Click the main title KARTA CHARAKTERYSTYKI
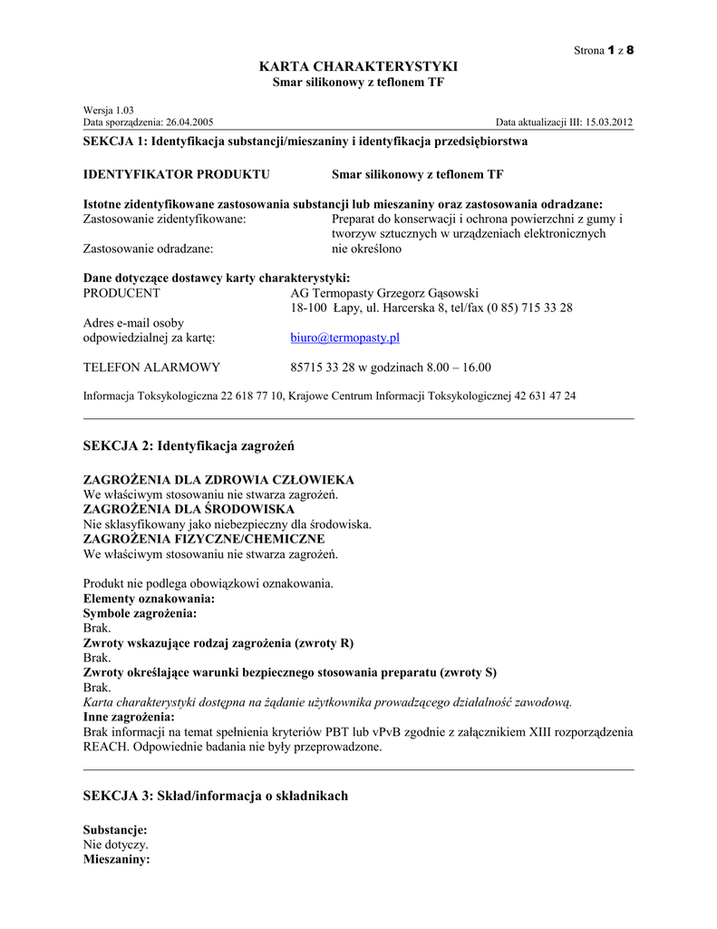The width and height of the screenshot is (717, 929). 358,67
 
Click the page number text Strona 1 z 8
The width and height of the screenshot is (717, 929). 604,49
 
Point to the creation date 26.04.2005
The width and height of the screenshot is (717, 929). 189,122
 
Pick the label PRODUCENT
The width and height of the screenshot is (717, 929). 121,293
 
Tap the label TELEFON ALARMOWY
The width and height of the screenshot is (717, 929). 151,367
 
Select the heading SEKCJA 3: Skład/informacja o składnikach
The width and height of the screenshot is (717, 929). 215,796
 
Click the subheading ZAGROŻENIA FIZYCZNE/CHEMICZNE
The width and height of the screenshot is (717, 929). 204,539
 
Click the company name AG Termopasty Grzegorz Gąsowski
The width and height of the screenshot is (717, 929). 384,293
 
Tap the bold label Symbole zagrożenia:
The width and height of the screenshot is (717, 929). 140,613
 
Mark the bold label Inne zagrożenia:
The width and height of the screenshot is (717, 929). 129,717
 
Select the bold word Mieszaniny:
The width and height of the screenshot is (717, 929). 117,858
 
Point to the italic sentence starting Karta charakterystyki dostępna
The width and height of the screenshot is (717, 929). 327,702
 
